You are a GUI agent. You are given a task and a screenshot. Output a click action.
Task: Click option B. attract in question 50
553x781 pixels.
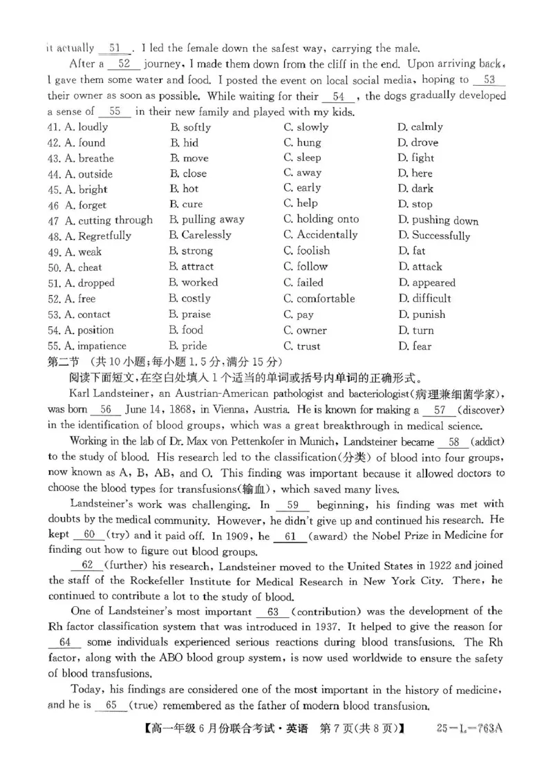tap(191, 267)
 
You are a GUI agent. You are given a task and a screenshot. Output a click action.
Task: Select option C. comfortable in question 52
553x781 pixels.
tap(319, 299)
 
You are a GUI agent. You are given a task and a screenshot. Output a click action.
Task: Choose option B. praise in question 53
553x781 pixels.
tap(190, 314)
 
